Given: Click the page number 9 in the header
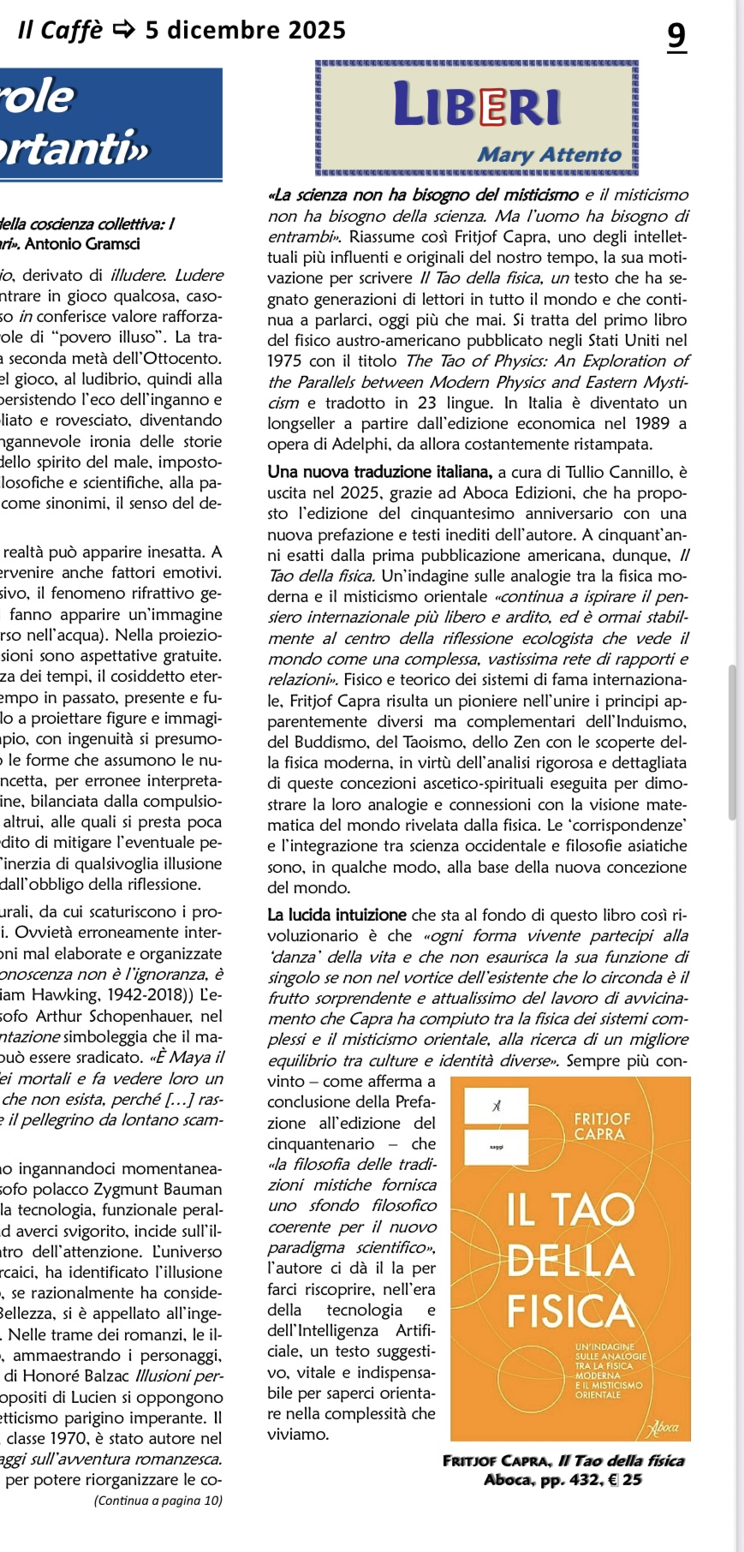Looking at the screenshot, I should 676,36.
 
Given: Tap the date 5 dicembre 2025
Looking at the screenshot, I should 245,31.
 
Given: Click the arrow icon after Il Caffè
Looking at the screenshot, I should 123,31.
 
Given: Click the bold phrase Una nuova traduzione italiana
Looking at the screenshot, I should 379,472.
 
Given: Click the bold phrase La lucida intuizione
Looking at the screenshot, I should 336,915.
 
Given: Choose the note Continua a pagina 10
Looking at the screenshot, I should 158,1500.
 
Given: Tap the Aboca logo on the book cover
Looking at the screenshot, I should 664,1427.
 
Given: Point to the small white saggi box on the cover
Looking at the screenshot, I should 496,1146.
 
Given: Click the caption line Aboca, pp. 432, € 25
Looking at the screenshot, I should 562,1479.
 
